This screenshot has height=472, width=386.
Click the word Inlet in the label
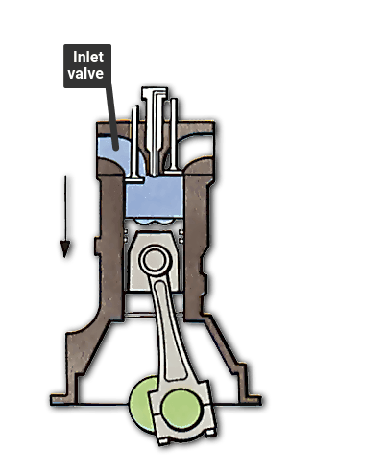88,58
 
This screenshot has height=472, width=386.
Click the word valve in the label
85,73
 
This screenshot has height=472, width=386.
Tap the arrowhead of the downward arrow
65,249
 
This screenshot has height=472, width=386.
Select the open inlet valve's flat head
134,180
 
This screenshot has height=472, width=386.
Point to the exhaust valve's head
173,172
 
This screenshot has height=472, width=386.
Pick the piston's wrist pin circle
156,260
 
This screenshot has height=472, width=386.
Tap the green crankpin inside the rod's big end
181,409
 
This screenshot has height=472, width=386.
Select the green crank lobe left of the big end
141,404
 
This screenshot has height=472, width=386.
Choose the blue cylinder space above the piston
155,197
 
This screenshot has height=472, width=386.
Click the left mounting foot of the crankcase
64,399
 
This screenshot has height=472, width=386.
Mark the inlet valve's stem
135,142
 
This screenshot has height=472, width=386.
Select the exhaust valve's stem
174,134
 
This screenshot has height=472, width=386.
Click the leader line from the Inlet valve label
112,118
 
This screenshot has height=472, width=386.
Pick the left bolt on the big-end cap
163,441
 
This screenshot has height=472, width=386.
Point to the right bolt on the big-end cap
210,433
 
